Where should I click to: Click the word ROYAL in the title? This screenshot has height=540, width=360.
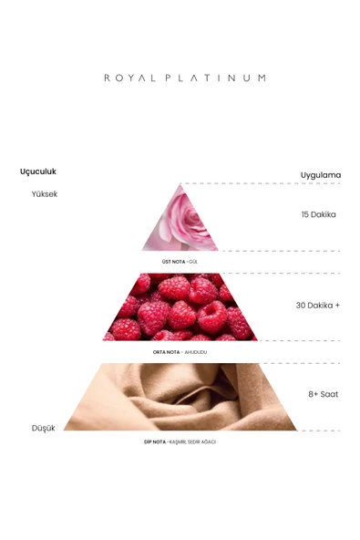[129, 78]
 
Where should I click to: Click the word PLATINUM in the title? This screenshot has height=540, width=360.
[215, 78]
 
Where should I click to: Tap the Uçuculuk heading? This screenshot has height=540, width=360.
[38, 171]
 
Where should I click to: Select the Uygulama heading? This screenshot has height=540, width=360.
[321, 175]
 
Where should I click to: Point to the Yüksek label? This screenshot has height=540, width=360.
[45, 194]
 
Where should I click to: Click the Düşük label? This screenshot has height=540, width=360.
[44, 428]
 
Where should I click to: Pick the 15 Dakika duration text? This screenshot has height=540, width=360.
[318, 214]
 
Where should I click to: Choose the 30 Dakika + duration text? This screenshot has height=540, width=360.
[318, 306]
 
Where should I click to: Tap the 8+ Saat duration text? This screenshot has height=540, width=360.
[324, 394]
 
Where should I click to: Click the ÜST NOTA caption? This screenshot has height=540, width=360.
[173, 262]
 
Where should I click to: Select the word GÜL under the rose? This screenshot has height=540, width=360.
[193, 262]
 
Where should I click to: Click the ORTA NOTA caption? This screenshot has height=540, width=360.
[166, 352]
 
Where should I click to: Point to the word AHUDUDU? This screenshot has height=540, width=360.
[195, 352]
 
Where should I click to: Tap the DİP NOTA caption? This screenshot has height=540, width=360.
[155, 441]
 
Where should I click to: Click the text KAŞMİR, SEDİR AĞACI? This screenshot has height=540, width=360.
[192, 441]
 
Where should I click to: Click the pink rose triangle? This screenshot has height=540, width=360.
[180, 227]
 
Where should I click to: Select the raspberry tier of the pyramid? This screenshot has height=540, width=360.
[180, 307]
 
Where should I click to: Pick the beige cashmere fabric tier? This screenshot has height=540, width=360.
[180, 397]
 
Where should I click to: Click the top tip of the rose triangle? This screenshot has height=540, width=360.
[180, 184]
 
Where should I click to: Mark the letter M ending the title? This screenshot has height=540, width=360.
[262, 78]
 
